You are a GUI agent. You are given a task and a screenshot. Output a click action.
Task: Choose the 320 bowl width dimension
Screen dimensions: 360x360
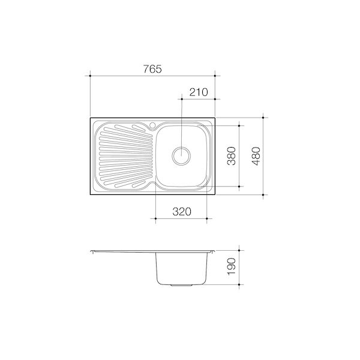pos(181,211)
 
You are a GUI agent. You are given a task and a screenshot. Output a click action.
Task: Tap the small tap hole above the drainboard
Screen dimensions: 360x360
pos(154,125)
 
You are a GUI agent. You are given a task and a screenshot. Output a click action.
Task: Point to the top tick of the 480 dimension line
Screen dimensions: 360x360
pos(265,116)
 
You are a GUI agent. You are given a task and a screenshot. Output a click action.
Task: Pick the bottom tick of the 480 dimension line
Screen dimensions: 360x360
pos(265,195)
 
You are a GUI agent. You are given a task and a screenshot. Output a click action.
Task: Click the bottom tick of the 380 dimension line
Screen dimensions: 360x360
pos(240,187)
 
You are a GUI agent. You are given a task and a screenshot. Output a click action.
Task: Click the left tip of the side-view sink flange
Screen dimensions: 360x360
pos(90,251)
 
